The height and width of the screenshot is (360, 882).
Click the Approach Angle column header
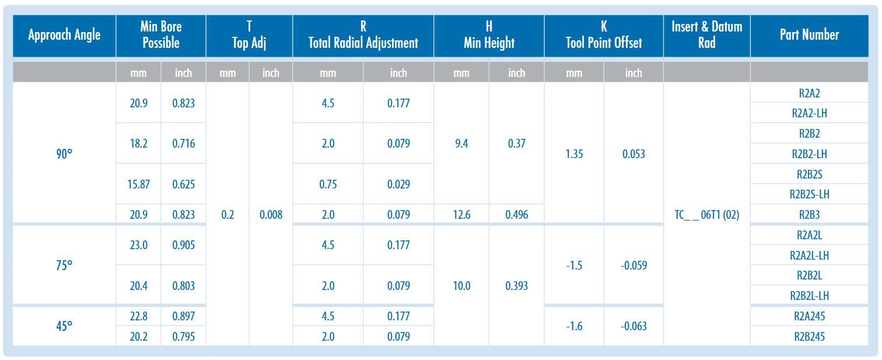coord(64,35)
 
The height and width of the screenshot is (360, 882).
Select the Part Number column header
coord(809,34)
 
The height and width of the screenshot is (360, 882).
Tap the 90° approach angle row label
coord(64,153)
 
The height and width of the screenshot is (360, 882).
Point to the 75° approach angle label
coord(64,265)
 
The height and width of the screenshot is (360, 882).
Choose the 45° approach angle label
coord(64,326)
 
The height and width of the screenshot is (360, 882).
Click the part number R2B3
coord(809,215)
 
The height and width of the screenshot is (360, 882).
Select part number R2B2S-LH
coord(809,194)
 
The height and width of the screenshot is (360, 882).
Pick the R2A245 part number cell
coord(809,316)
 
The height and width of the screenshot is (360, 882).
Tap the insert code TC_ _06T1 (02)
coord(707,215)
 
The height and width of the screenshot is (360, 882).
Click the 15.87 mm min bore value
coord(139,184)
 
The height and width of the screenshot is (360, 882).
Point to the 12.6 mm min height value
coord(461,215)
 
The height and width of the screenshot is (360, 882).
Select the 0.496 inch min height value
coord(517,215)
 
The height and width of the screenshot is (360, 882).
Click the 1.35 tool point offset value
coord(574,153)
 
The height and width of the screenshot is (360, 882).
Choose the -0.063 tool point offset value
coord(633,326)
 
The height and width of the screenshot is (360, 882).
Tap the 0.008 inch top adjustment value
coord(271,215)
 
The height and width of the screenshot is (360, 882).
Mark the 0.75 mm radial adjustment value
coord(328,184)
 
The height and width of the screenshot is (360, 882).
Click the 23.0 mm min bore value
coord(139,245)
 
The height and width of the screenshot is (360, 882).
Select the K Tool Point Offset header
coord(604,34)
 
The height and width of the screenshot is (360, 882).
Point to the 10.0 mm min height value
coord(461,285)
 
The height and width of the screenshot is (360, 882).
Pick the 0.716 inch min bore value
coord(184,144)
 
